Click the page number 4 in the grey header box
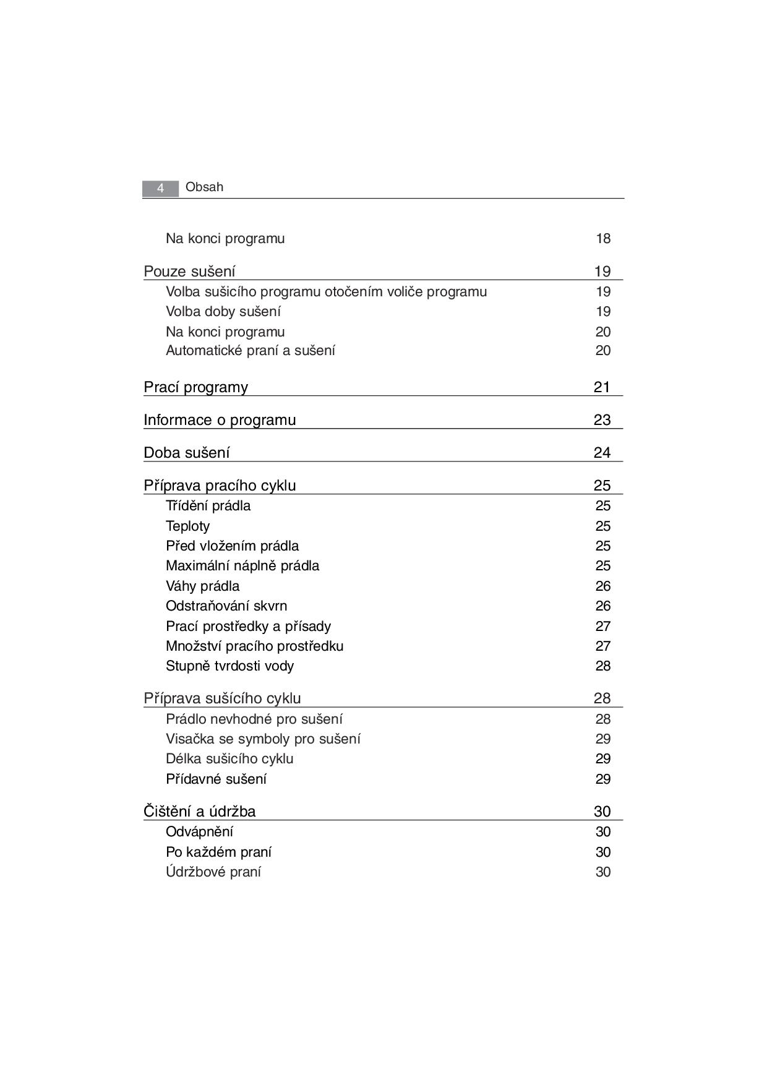click(160, 188)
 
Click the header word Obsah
click(204, 187)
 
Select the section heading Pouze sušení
click(189, 272)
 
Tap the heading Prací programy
click(195, 387)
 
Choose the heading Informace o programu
click(220, 420)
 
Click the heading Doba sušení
click(186, 453)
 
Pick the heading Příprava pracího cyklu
click(220, 486)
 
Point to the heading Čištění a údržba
click(199, 812)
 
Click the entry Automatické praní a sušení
click(251, 351)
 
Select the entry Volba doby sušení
click(223, 311)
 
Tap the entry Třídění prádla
click(208, 506)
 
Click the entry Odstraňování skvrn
click(226, 606)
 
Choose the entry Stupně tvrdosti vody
click(229, 666)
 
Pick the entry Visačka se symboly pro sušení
click(263, 739)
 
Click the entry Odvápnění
click(199, 832)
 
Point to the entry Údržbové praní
click(213, 872)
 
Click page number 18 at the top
click(603, 239)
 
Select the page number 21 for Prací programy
click(602, 387)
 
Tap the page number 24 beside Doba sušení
click(602, 453)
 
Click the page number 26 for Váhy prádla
click(603, 586)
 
